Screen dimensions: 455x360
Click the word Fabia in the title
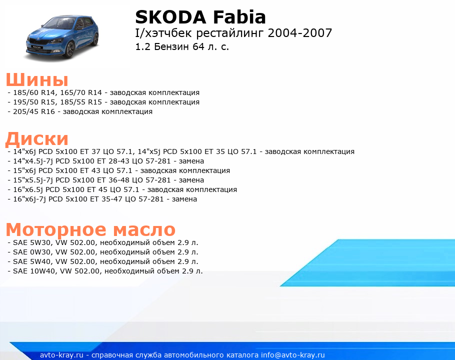tap(239, 17)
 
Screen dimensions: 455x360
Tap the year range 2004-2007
tap(300, 33)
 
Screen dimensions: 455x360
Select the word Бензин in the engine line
tap(172, 46)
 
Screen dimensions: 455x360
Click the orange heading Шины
tap(37, 79)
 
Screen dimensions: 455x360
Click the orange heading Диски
tap(37, 138)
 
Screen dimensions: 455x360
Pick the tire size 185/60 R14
tap(34, 92)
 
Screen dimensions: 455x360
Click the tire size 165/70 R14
tap(81, 92)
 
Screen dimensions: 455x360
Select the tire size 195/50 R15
tap(34, 102)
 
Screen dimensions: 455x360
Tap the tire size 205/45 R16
tap(34, 111)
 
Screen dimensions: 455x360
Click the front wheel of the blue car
tap(70, 49)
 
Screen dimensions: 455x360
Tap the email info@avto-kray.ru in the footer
tap(293, 355)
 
